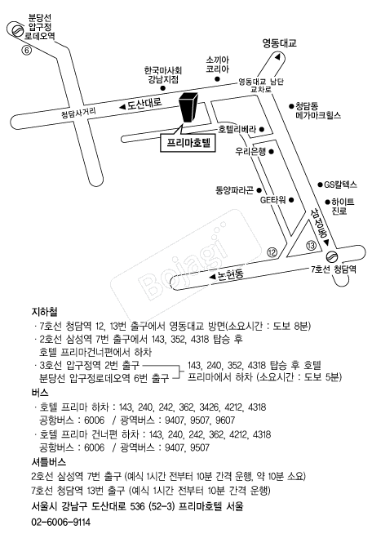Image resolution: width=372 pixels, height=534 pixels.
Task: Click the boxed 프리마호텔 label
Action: (188, 143)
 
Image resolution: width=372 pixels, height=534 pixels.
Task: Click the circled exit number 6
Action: (26, 51)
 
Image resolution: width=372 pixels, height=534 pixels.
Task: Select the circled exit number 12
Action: (272, 252)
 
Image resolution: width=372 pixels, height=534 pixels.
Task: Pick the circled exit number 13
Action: (311, 245)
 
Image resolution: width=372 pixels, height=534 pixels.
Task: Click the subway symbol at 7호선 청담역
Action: (332, 256)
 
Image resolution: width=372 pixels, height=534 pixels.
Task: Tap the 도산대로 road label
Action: (144, 104)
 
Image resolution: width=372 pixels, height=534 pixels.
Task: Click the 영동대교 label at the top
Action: (280, 43)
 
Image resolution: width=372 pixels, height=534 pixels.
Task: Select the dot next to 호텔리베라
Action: (262, 129)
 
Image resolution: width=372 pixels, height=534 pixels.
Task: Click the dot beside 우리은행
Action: (272, 152)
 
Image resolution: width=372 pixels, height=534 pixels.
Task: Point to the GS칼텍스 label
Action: (340, 185)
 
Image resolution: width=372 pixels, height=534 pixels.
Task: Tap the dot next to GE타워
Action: (291, 200)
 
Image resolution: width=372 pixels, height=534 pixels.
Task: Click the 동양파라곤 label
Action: (234, 190)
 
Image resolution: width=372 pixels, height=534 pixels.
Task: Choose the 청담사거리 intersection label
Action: (78, 113)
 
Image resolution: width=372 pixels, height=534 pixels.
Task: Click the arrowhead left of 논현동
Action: (213, 277)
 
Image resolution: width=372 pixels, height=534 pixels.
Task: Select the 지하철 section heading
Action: (44, 312)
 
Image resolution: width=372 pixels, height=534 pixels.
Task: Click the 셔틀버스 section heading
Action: (48, 462)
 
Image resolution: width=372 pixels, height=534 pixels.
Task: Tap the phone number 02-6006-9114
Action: (61, 522)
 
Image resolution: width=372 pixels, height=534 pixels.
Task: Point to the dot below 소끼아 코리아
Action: (217, 79)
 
